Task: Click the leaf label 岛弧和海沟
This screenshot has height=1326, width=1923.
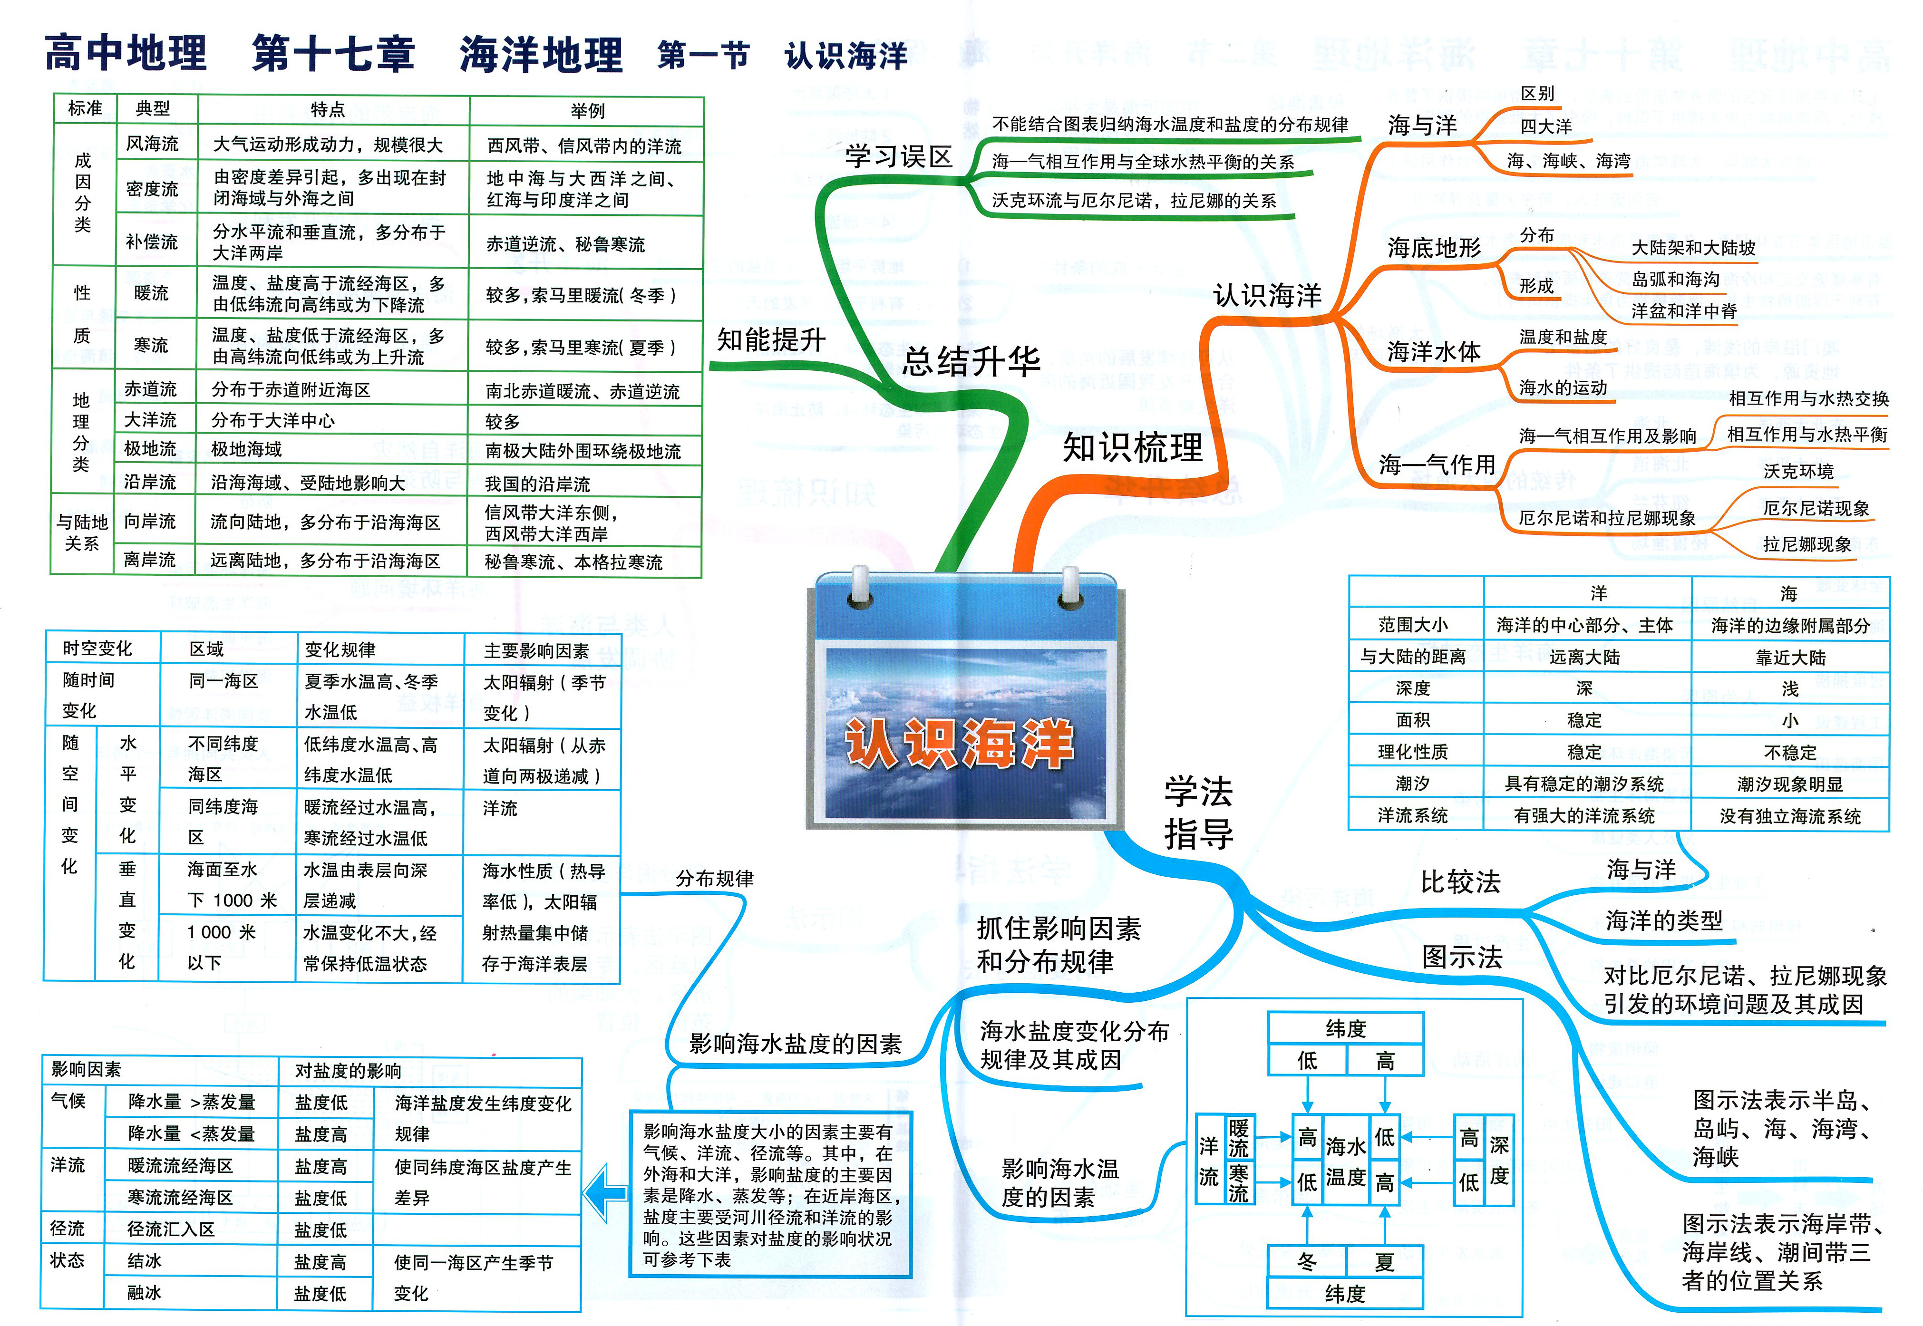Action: [x=1675, y=279]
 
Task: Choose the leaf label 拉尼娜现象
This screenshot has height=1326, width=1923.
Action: [x=1807, y=544]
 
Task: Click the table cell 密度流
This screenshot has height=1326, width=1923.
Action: [x=152, y=189]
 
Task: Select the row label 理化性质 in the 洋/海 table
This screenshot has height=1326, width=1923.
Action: [x=1413, y=752]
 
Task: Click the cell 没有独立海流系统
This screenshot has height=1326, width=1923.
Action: [x=1790, y=816]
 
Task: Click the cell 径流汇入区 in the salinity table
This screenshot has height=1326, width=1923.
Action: [x=171, y=1229]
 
